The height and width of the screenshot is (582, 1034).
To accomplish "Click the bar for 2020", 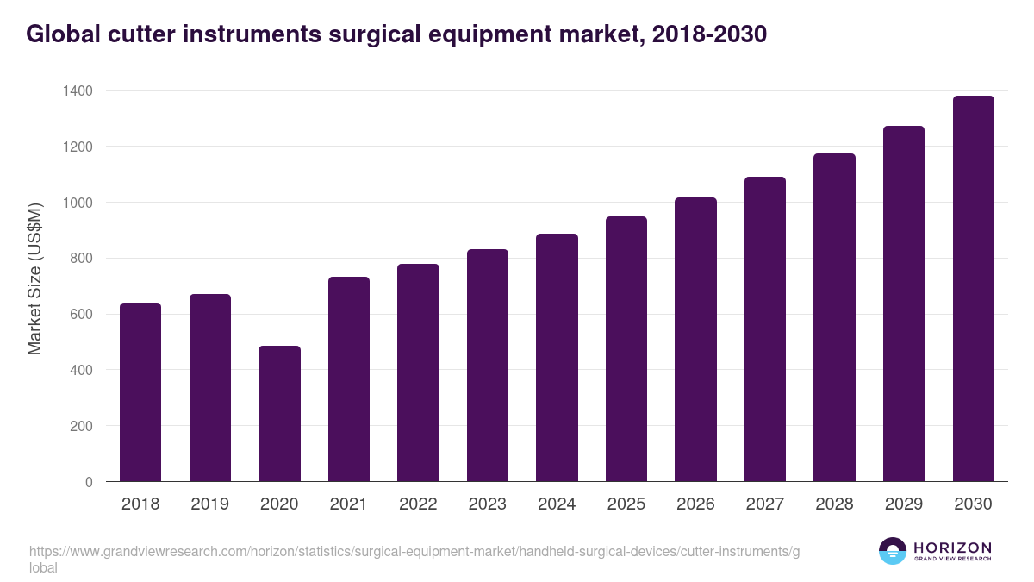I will click(x=279, y=414).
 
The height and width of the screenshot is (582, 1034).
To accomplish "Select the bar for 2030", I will click(x=973, y=289).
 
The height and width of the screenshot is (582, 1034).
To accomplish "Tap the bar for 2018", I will click(x=140, y=392).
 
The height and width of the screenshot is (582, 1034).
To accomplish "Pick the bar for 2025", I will click(x=626, y=349).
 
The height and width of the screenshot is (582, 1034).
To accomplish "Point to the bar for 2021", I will click(x=349, y=379).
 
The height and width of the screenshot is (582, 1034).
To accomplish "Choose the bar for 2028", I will click(x=834, y=317).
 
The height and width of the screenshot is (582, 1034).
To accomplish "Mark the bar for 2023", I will click(x=488, y=366).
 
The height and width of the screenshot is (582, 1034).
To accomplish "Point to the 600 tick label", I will click(x=80, y=315).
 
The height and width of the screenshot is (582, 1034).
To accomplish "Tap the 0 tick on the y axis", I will click(x=89, y=482).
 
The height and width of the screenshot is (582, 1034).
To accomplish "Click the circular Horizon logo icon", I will click(x=892, y=551).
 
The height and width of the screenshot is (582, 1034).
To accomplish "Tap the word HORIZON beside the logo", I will click(x=952, y=548).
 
